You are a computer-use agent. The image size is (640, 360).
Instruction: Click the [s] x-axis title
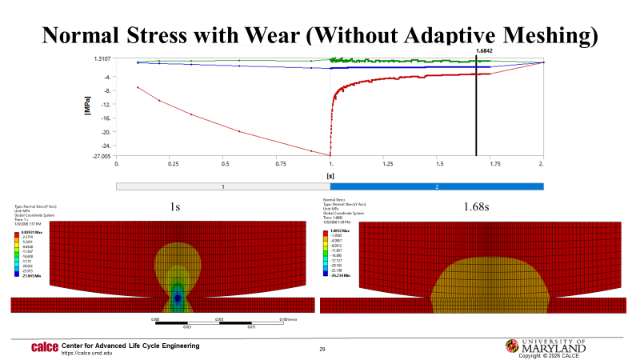[330, 174]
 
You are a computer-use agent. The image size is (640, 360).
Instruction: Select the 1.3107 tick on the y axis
[101, 58]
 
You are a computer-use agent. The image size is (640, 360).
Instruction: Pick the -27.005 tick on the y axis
[99, 157]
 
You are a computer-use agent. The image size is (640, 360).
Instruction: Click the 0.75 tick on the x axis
[277, 163]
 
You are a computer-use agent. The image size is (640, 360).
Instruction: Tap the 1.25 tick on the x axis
[386, 163]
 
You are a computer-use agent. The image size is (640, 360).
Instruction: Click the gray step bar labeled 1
[223, 186]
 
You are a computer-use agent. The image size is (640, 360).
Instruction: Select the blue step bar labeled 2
[437, 186]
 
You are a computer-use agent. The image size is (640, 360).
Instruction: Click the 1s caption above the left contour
[175, 206]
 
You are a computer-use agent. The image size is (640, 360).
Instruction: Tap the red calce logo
[44, 347]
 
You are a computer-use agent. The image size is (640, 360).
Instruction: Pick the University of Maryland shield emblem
[511, 346]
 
